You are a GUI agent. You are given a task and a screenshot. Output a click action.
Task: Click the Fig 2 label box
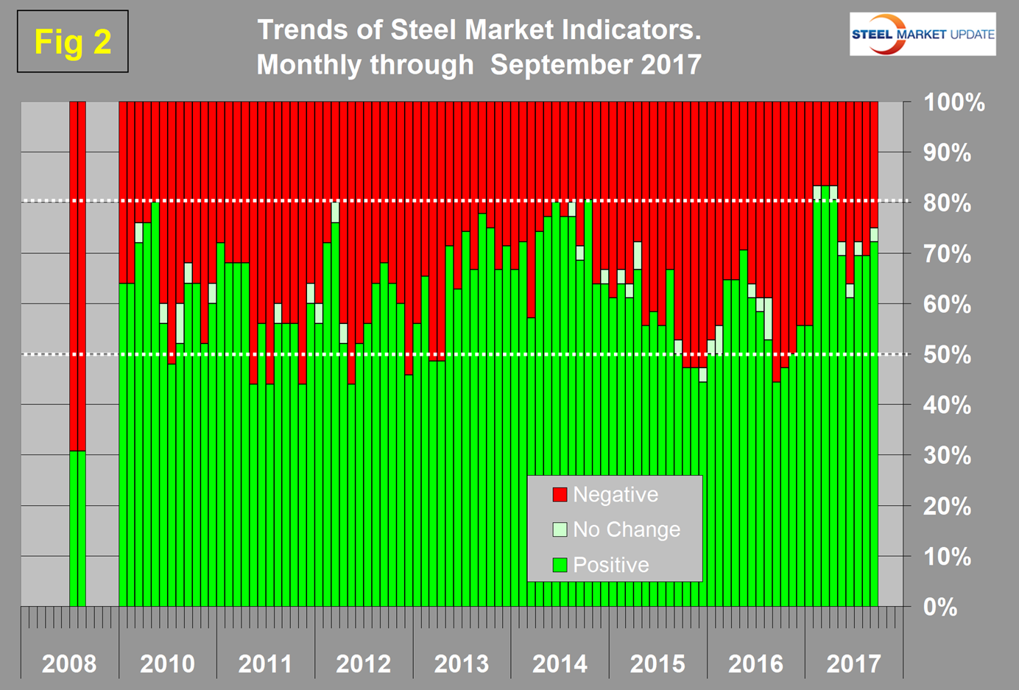[x=72, y=41]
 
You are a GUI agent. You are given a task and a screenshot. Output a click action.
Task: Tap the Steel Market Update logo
[x=922, y=34]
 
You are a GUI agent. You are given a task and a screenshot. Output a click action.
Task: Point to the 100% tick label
[x=954, y=102]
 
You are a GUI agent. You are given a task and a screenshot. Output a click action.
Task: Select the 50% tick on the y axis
[x=947, y=354]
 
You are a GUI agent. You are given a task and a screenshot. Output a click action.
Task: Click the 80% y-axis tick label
[x=947, y=203]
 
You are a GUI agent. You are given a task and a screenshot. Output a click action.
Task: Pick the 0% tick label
[x=940, y=607]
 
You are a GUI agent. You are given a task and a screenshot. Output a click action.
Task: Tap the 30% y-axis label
[x=947, y=456]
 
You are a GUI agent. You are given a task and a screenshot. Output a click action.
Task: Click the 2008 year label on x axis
[x=68, y=663]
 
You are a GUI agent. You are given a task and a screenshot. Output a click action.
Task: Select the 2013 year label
[x=462, y=663]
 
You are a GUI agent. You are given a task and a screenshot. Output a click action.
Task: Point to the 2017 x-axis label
[x=853, y=663]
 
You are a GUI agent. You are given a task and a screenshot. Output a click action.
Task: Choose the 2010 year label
[x=167, y=663]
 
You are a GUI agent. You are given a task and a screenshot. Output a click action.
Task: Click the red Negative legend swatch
[x=560, y=495]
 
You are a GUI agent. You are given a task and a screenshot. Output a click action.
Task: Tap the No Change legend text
[x=627, y=529]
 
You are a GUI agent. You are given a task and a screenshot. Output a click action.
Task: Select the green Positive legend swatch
[x=560, y=565]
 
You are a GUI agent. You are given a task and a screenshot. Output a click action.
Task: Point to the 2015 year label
[x=657, y=663]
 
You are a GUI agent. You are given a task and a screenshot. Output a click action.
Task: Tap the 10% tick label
[x=947, y=557]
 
